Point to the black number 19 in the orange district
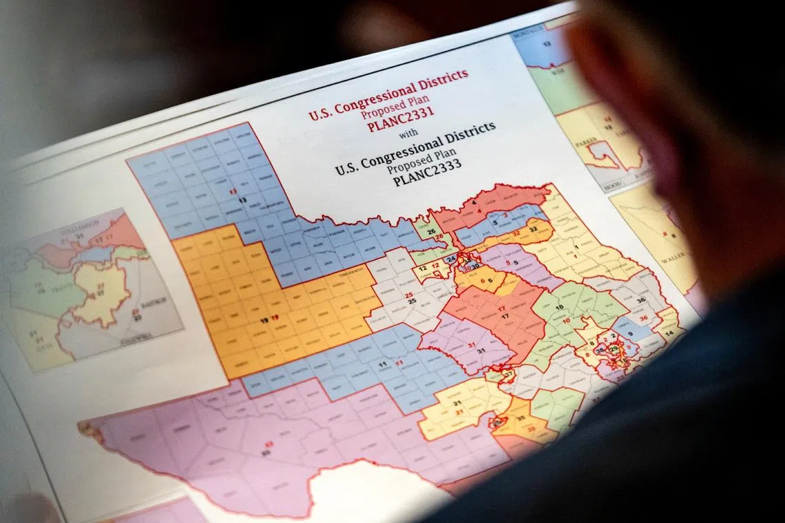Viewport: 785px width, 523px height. (x=264, y=320)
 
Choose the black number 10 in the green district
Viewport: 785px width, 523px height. (x=559, y=306)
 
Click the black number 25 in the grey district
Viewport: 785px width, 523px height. (x=411, y=301)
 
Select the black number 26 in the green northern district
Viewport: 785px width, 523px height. (x=431, y=231)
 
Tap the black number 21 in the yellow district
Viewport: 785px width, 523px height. (x=457, y=403)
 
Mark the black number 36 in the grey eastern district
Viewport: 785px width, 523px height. (x=641, y=300)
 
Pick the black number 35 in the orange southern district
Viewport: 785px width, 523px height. (x=521, y=418)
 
